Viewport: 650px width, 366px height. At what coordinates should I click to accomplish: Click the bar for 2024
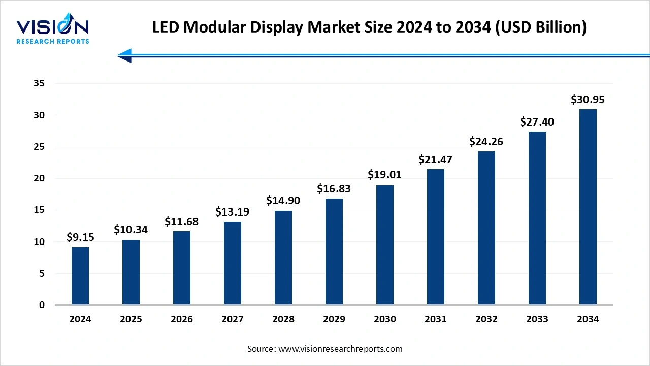tap(80, 276)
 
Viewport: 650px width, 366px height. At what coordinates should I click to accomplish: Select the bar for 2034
tap(588, 207)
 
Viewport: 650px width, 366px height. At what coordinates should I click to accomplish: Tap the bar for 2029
tap(334, 252)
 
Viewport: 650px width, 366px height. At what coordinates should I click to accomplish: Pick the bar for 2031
tap(435, 237)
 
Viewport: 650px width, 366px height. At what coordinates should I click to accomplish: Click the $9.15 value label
tap(80, 237)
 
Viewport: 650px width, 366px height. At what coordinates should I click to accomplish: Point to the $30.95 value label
tap(588, 100)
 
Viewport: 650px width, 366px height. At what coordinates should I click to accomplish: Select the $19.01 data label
tap(384, 175)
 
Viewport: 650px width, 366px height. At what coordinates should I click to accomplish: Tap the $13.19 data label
tap(232, 211)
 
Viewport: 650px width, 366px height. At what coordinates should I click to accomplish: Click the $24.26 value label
tap(486, 141)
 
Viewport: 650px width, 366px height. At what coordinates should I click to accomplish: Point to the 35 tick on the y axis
tap(39, 84)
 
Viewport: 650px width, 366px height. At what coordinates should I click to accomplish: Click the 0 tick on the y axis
tap(42, 305)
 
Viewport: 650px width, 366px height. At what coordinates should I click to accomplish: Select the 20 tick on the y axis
tap(39, 178)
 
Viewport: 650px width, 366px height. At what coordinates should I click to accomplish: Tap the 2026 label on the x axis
tap(182, 319)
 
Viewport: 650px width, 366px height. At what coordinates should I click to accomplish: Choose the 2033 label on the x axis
tap(537, 319)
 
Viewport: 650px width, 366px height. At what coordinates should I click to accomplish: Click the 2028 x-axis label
tap(283, 319)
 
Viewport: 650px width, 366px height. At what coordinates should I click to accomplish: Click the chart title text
tap(369, 27)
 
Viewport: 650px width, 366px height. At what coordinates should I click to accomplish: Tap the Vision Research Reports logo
tap(53, 30)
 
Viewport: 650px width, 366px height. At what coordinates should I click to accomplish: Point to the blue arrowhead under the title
tap(125, 55)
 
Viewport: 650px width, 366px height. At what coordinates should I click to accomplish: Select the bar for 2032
tap(486, 228)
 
